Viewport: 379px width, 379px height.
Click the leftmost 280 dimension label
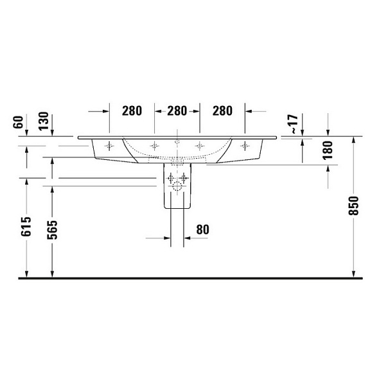(132, 111)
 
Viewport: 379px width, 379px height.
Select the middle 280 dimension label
(177, 111)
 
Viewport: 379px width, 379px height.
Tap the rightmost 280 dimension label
(222, 111)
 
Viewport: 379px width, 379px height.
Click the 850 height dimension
(353, 206)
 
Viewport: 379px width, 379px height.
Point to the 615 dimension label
(26, 227)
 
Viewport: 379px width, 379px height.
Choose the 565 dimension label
(52, 230)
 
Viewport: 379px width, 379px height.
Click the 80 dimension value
(202, 229)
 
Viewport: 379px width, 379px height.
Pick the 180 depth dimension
(328, 150)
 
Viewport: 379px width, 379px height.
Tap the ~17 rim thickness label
(294, 124)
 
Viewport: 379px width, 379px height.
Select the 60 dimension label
(19, 122)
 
